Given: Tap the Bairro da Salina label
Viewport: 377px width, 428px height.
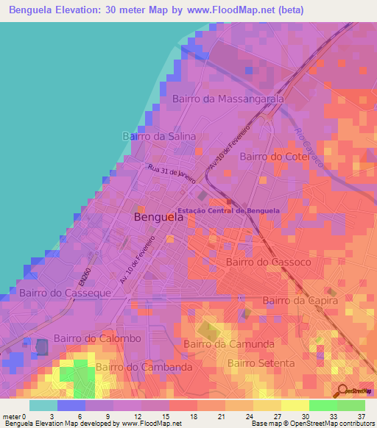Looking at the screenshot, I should (x=159, y=136).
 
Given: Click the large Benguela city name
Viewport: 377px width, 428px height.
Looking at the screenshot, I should (x=159, y=218).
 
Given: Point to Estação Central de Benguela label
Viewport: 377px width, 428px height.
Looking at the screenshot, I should (x=239, y=210).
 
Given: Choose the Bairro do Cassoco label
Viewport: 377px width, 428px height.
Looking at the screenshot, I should (x=269, y=262).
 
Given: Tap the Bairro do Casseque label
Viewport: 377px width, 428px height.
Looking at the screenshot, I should (x=66, y=293).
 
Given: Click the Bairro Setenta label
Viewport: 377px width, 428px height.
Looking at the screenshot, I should (x=261, y=363).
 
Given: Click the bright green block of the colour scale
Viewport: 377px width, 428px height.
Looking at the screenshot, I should (x=323, y=405).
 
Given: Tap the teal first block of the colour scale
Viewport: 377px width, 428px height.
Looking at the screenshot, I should (x=43, y=405).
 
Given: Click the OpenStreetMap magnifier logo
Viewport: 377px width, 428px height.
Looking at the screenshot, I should (x=342, y=391).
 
